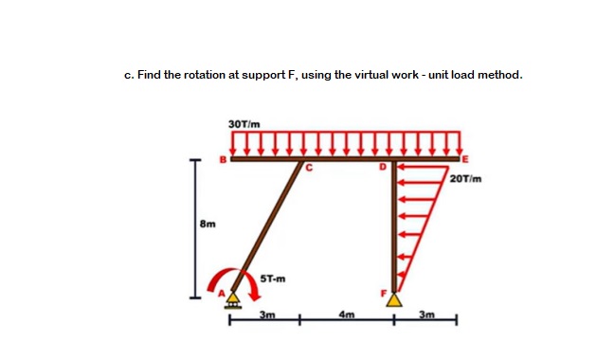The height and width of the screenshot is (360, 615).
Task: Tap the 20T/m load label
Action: (x=469, y=178)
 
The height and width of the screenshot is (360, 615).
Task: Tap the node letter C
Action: (x=307, y=171)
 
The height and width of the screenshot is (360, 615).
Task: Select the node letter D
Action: (x=384, y=168)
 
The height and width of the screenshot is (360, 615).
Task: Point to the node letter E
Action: (x=466, y=159)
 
